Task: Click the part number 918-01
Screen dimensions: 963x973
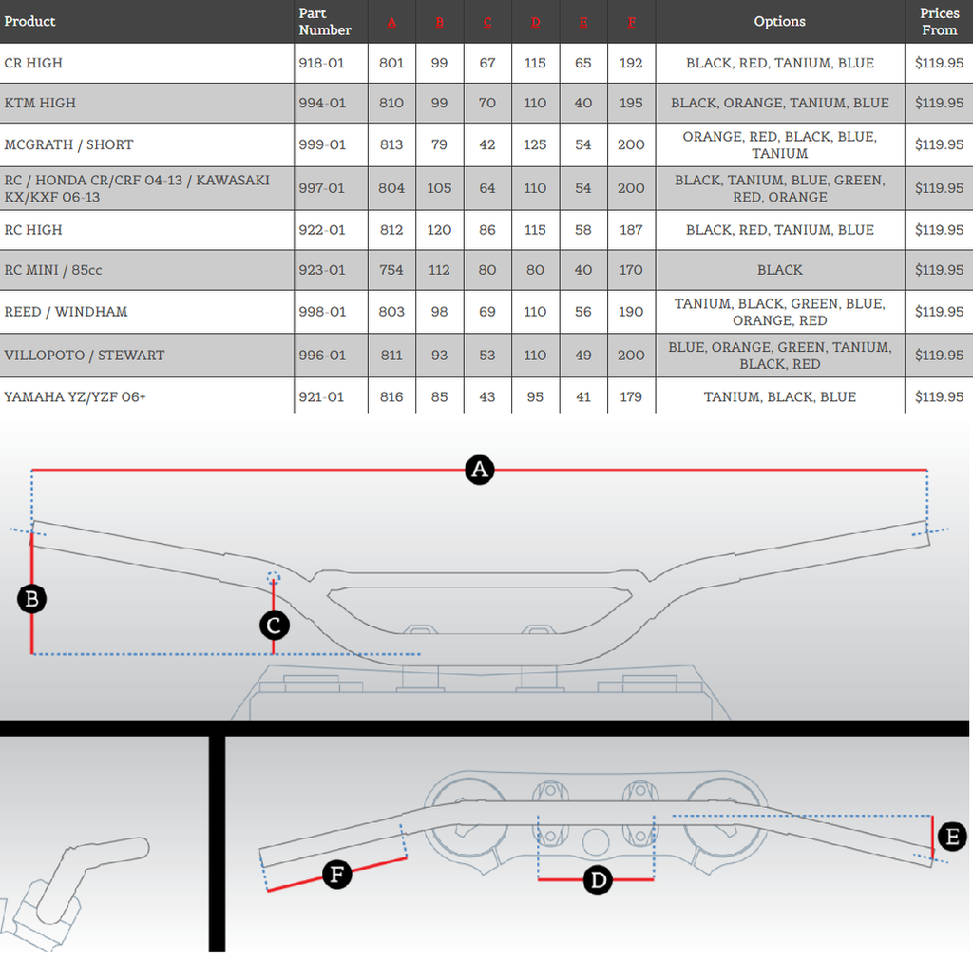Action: click(321, 63)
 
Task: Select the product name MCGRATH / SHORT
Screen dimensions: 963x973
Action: click(68, 144)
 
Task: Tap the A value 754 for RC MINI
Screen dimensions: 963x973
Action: click(391, 270)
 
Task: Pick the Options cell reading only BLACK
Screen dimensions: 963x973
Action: click(779, 270)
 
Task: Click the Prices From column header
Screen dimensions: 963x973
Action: click(939, 21)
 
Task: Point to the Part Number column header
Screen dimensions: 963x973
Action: click(325, 21)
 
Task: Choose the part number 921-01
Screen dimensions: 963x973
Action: click(321, 397)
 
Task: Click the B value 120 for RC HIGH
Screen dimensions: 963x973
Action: click(439, 230)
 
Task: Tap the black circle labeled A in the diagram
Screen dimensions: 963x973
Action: click(480, 470)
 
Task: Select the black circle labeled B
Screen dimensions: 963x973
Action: click(32, 599)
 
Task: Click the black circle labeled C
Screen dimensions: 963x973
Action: click(274, 625)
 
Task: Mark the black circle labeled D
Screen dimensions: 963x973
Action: click(598, 880)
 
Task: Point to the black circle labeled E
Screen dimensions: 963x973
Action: click(951, 837)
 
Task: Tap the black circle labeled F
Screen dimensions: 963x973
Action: click(337, 874)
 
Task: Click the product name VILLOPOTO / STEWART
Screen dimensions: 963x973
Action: click(85, 356)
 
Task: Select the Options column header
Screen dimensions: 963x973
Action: click(779, 21)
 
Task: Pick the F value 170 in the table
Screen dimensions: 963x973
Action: click(631, 270)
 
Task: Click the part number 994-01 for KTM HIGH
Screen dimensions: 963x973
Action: click(321, 103)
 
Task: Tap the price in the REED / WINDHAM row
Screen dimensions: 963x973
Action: click(939, 312)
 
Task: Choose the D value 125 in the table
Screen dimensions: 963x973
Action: click(535, 144)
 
